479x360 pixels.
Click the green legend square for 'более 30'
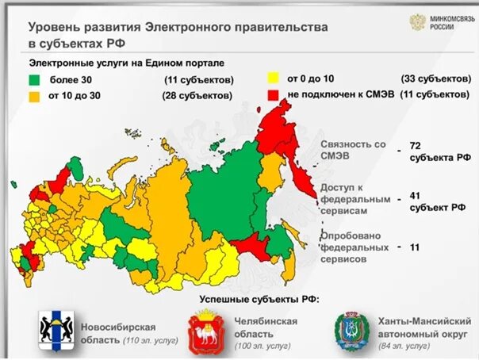(34, 81)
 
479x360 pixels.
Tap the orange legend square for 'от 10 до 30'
(34, 97)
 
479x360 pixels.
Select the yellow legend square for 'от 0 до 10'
(273, 79)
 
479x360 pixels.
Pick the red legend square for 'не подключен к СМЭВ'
(273, 94)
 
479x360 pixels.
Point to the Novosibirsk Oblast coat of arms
(57, 332)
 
